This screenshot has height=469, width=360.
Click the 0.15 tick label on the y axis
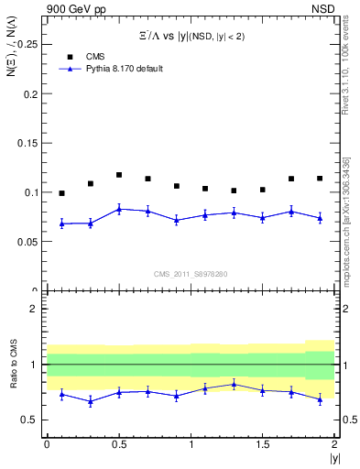click(x=27, y=143)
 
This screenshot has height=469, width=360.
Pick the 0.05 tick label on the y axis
click(x=27, y=242)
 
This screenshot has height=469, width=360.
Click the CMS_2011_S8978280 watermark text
click(x=191, y=274)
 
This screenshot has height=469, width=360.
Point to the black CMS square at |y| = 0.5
click(x=119, y=174)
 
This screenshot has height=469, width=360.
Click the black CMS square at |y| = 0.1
click(x=61, y=193)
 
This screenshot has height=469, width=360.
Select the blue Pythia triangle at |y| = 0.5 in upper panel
click(x=119, y=209)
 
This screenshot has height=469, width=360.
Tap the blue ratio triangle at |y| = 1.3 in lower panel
click(x=234, y=385)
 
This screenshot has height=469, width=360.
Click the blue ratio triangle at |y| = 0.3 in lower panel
click(x=90, y=401)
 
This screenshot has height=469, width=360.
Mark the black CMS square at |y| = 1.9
click(x=320, y=178)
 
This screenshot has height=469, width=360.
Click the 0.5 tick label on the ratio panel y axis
click(x=31, y=420)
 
